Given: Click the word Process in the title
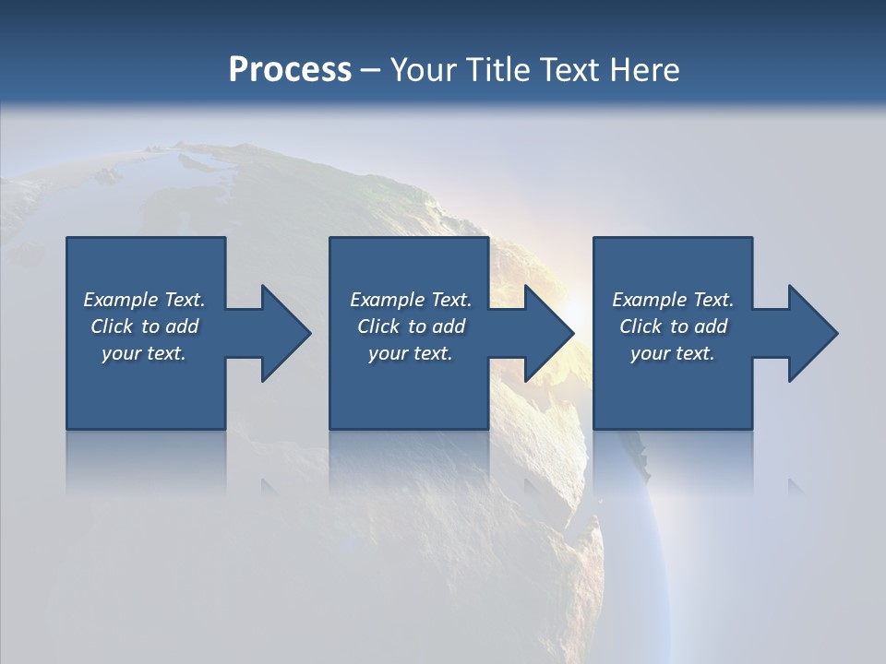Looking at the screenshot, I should click(x=290, y=70).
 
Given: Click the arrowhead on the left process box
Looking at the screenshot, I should click(x=281, y=333).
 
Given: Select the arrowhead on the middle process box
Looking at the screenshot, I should click(x=544, y=333).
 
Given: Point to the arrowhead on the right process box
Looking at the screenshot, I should click(x=808, y=333).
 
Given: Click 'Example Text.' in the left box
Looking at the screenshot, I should click(x=144, y=300).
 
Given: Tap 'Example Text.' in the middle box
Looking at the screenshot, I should click(x=410, y=300).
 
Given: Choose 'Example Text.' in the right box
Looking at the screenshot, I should click(x=673, y=300).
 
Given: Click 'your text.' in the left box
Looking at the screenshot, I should click(x=144, y=353).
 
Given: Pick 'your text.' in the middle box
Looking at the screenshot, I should click(x=410, y=353).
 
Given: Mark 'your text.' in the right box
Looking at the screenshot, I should click(x=673, y=353).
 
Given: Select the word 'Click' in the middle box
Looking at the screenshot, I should click(x=378, y=326).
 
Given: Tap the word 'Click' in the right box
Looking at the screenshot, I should click(x=641, y=326).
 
